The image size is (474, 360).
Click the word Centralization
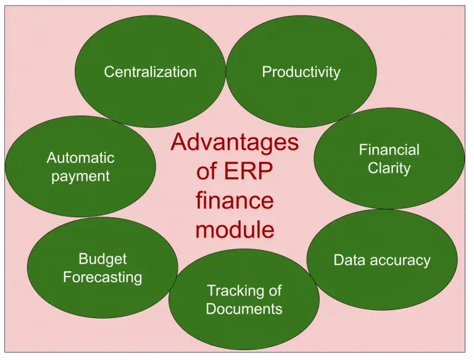[x=150, y=72]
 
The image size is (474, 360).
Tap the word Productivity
[x=301, y=72]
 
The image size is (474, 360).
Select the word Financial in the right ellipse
[x=389, y=150]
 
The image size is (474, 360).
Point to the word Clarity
[x=389, y=168]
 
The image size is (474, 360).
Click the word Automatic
[x=80, y=158]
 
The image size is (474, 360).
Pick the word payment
[x=80, y=177]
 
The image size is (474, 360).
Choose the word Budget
[x=102, y=259]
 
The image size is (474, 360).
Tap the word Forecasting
[x=102, y=277]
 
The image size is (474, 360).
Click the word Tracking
[x=230, y=290]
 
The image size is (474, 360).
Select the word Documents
[x=244, y=309]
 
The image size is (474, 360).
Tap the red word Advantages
[x=235, y=143]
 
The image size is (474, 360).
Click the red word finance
[x=235, y=201]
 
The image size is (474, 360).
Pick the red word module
[x=235, y=230]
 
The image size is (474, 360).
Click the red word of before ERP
[x=207, y=172]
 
